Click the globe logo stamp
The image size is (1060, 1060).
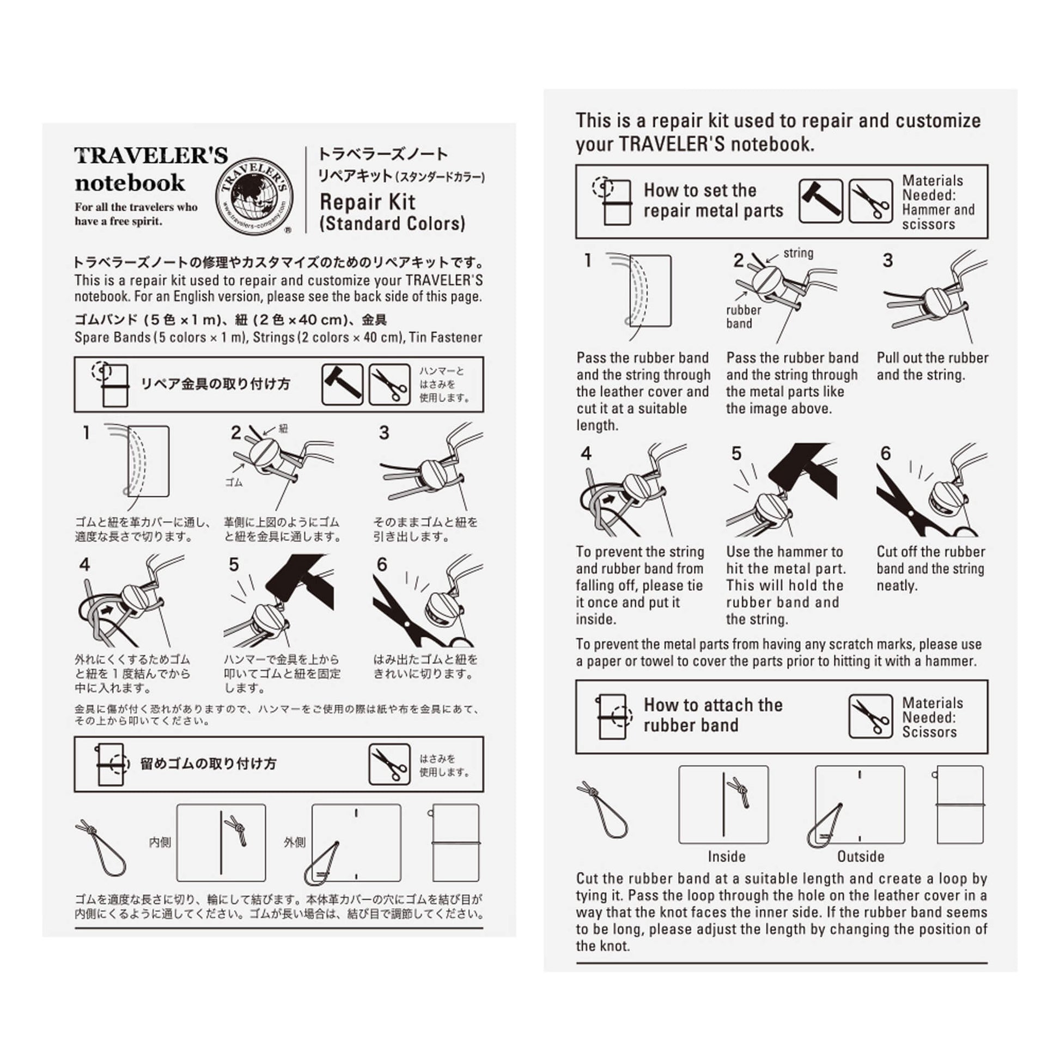click(254, 197)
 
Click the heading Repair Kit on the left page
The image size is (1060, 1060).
click(368, 202)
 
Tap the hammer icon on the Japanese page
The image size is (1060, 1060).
click(342, 384)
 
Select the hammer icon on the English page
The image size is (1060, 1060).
click(820, 201)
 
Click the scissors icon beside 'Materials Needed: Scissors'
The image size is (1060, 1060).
click(870, 716)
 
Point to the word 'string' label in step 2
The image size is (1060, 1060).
click(798, 253)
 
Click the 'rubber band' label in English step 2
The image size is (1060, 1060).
click(743, 316)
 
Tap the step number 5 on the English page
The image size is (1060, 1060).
click(736, 454)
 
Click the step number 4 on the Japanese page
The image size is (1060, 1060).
click(84, 564)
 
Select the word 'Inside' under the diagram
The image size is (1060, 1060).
click(727, 856)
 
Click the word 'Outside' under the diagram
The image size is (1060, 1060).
click(860, 856)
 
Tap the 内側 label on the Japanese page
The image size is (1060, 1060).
click(160, 842)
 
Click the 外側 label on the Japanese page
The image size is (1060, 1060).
click(295, 842)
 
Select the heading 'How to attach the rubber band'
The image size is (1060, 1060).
click(712, 715)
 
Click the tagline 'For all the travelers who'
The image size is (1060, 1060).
click(136, 208)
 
